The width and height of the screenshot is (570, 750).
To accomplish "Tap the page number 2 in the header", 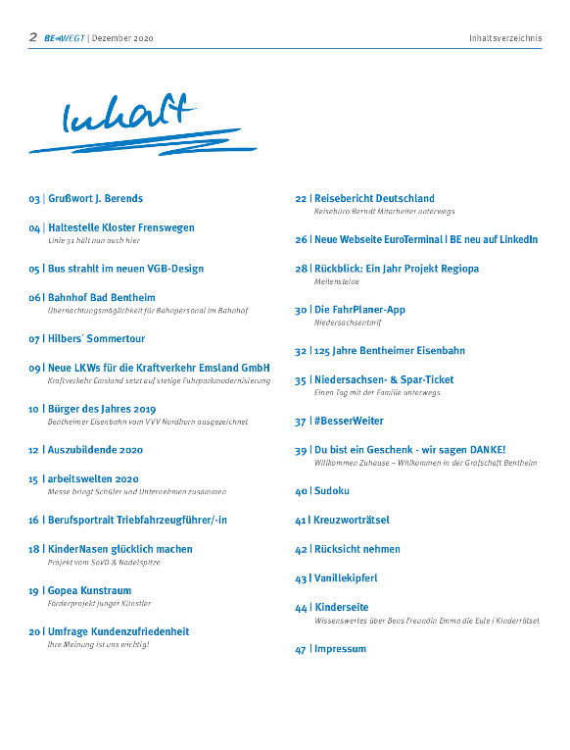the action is coord(33,37).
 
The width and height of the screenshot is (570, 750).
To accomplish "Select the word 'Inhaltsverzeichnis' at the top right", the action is coord(504,38).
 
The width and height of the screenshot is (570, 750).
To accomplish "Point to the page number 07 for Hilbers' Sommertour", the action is coord(35,339).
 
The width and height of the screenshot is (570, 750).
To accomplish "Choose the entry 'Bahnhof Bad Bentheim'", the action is coord(101,298).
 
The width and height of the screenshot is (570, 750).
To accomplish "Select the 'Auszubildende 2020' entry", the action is coord(95,450).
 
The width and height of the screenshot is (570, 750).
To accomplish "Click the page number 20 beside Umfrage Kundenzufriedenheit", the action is coord(35,632).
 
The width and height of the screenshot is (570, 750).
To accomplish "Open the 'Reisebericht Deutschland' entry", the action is coord(373,199).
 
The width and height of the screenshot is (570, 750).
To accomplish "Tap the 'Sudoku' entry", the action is coord(331,491).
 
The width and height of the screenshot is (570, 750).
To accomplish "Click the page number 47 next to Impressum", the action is coord(301,650).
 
